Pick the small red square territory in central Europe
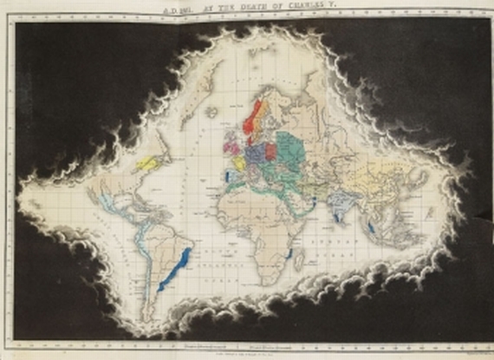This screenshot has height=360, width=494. (270, 151)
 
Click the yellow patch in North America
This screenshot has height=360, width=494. (148, 161)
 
